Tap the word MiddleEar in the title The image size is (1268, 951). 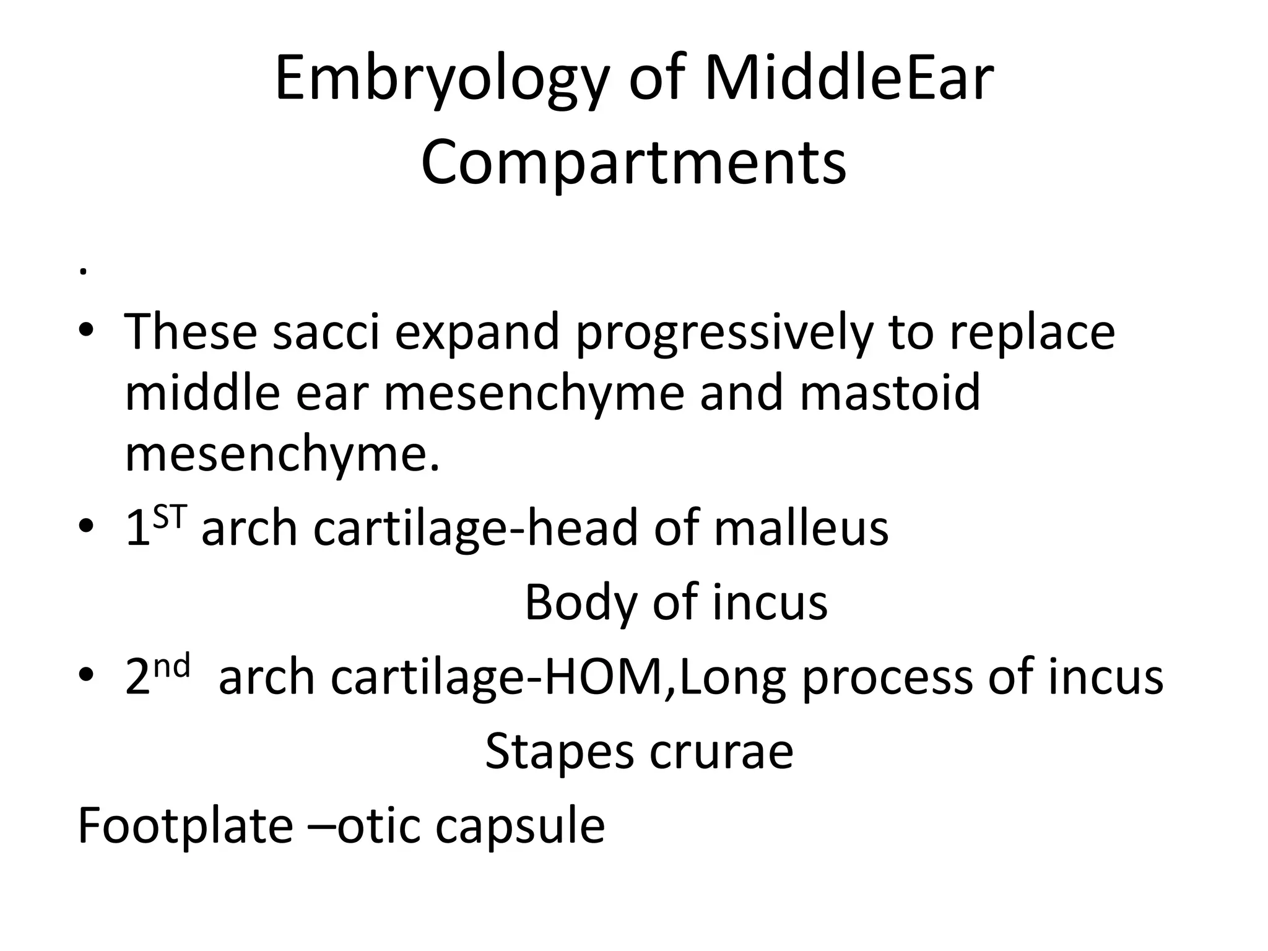tap(848, 79)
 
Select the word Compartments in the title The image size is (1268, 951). tap(633, 162)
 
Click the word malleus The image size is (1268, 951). tap(801, 528)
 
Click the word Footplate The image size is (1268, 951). tap(185, 826)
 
